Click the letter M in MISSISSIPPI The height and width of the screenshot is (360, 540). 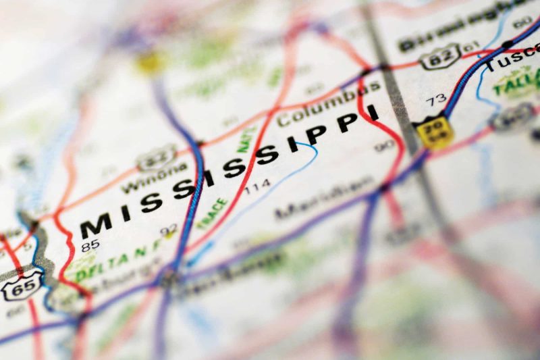pos(96,225)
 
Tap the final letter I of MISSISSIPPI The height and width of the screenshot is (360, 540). pos(373,114)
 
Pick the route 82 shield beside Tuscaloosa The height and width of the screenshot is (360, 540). pos(440,56)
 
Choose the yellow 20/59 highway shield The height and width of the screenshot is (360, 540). pos(433,130)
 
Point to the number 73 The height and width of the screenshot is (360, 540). pos(435,101)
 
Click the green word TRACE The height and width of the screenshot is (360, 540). pos(211,213)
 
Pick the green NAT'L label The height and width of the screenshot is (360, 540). pos(246,140)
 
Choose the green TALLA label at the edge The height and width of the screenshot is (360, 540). pos(516,83)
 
